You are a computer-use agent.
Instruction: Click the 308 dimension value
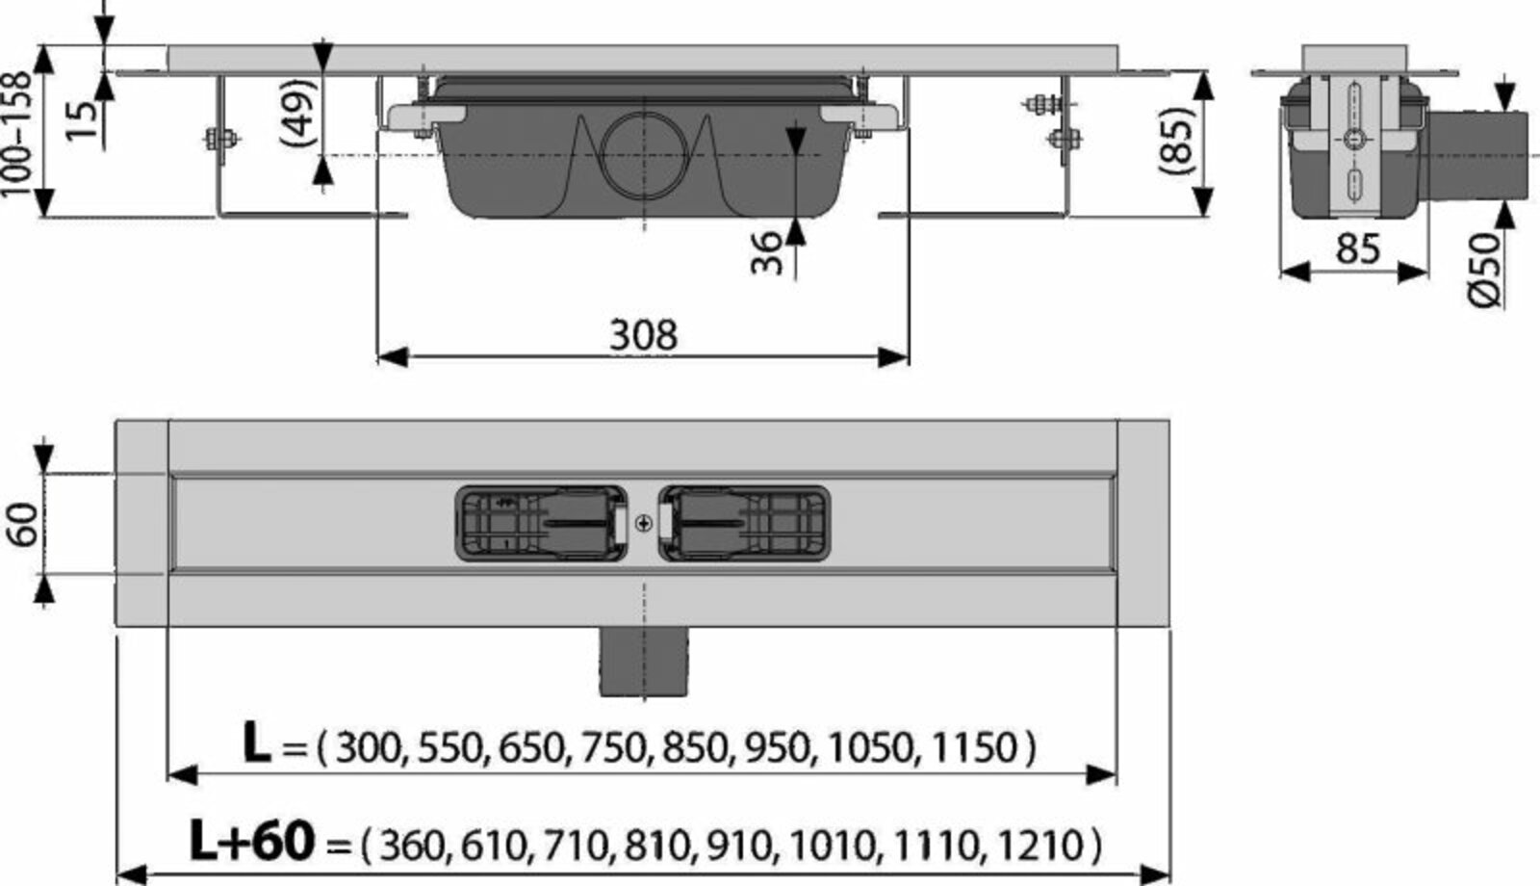click(644, 335)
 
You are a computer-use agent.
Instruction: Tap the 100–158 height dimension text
click(17, 135)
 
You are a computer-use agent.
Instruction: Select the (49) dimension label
click(298, 113)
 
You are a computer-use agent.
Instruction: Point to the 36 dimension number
click(766, 252)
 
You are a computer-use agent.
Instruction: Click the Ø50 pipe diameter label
click(1483, 270)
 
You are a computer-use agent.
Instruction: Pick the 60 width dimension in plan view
click(23, 524)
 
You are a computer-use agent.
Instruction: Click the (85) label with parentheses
click(1176, 142)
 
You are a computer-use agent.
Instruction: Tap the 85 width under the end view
click(1358, 248)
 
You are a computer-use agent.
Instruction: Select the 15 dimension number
click(82, 120)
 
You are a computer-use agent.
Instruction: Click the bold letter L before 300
click(256, 743)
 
